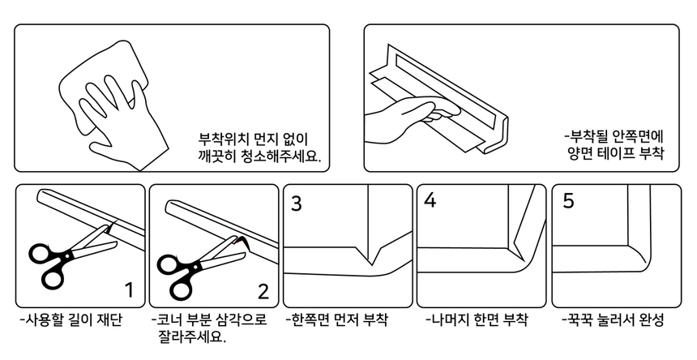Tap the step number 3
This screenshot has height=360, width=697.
[x=297, y=204]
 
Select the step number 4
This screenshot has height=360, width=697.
[x=430, y=201]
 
